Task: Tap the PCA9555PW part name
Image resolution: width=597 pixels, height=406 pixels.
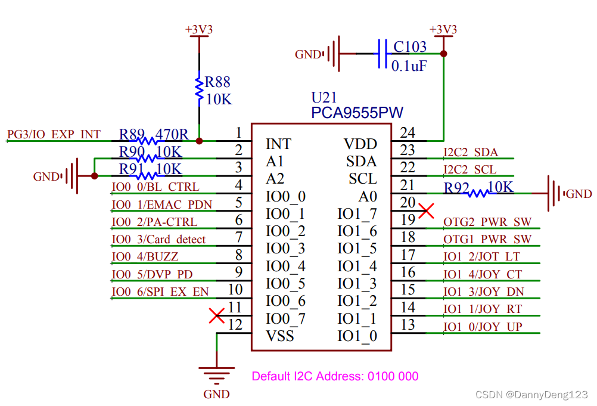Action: click(x=357, y=112)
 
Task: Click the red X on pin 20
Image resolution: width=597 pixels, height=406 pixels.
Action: click(x=426, y=210)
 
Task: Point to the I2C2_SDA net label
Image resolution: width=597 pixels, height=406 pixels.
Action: click(x=470, y=153)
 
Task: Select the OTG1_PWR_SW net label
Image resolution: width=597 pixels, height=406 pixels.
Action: click(x=487, y=239)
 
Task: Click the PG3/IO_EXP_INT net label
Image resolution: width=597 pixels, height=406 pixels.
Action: click(x=54, y=135)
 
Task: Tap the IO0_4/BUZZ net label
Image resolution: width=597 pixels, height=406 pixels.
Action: click(x=145, y=257)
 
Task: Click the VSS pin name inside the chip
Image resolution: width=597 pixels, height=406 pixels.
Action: click(x=280, y=336)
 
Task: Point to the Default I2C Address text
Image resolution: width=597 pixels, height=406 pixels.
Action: click(x=335, y=376)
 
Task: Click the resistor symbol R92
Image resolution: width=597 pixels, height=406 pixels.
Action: click(x=478, y=193)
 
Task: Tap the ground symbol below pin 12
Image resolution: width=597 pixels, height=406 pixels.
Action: click(x=216, y=376)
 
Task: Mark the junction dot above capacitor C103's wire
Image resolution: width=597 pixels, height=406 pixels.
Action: click(x=443, y=54)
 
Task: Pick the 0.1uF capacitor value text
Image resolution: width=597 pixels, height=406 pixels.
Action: click(x=409, y=66)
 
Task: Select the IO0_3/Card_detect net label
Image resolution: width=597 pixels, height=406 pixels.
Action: click(x=158, y=240)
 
